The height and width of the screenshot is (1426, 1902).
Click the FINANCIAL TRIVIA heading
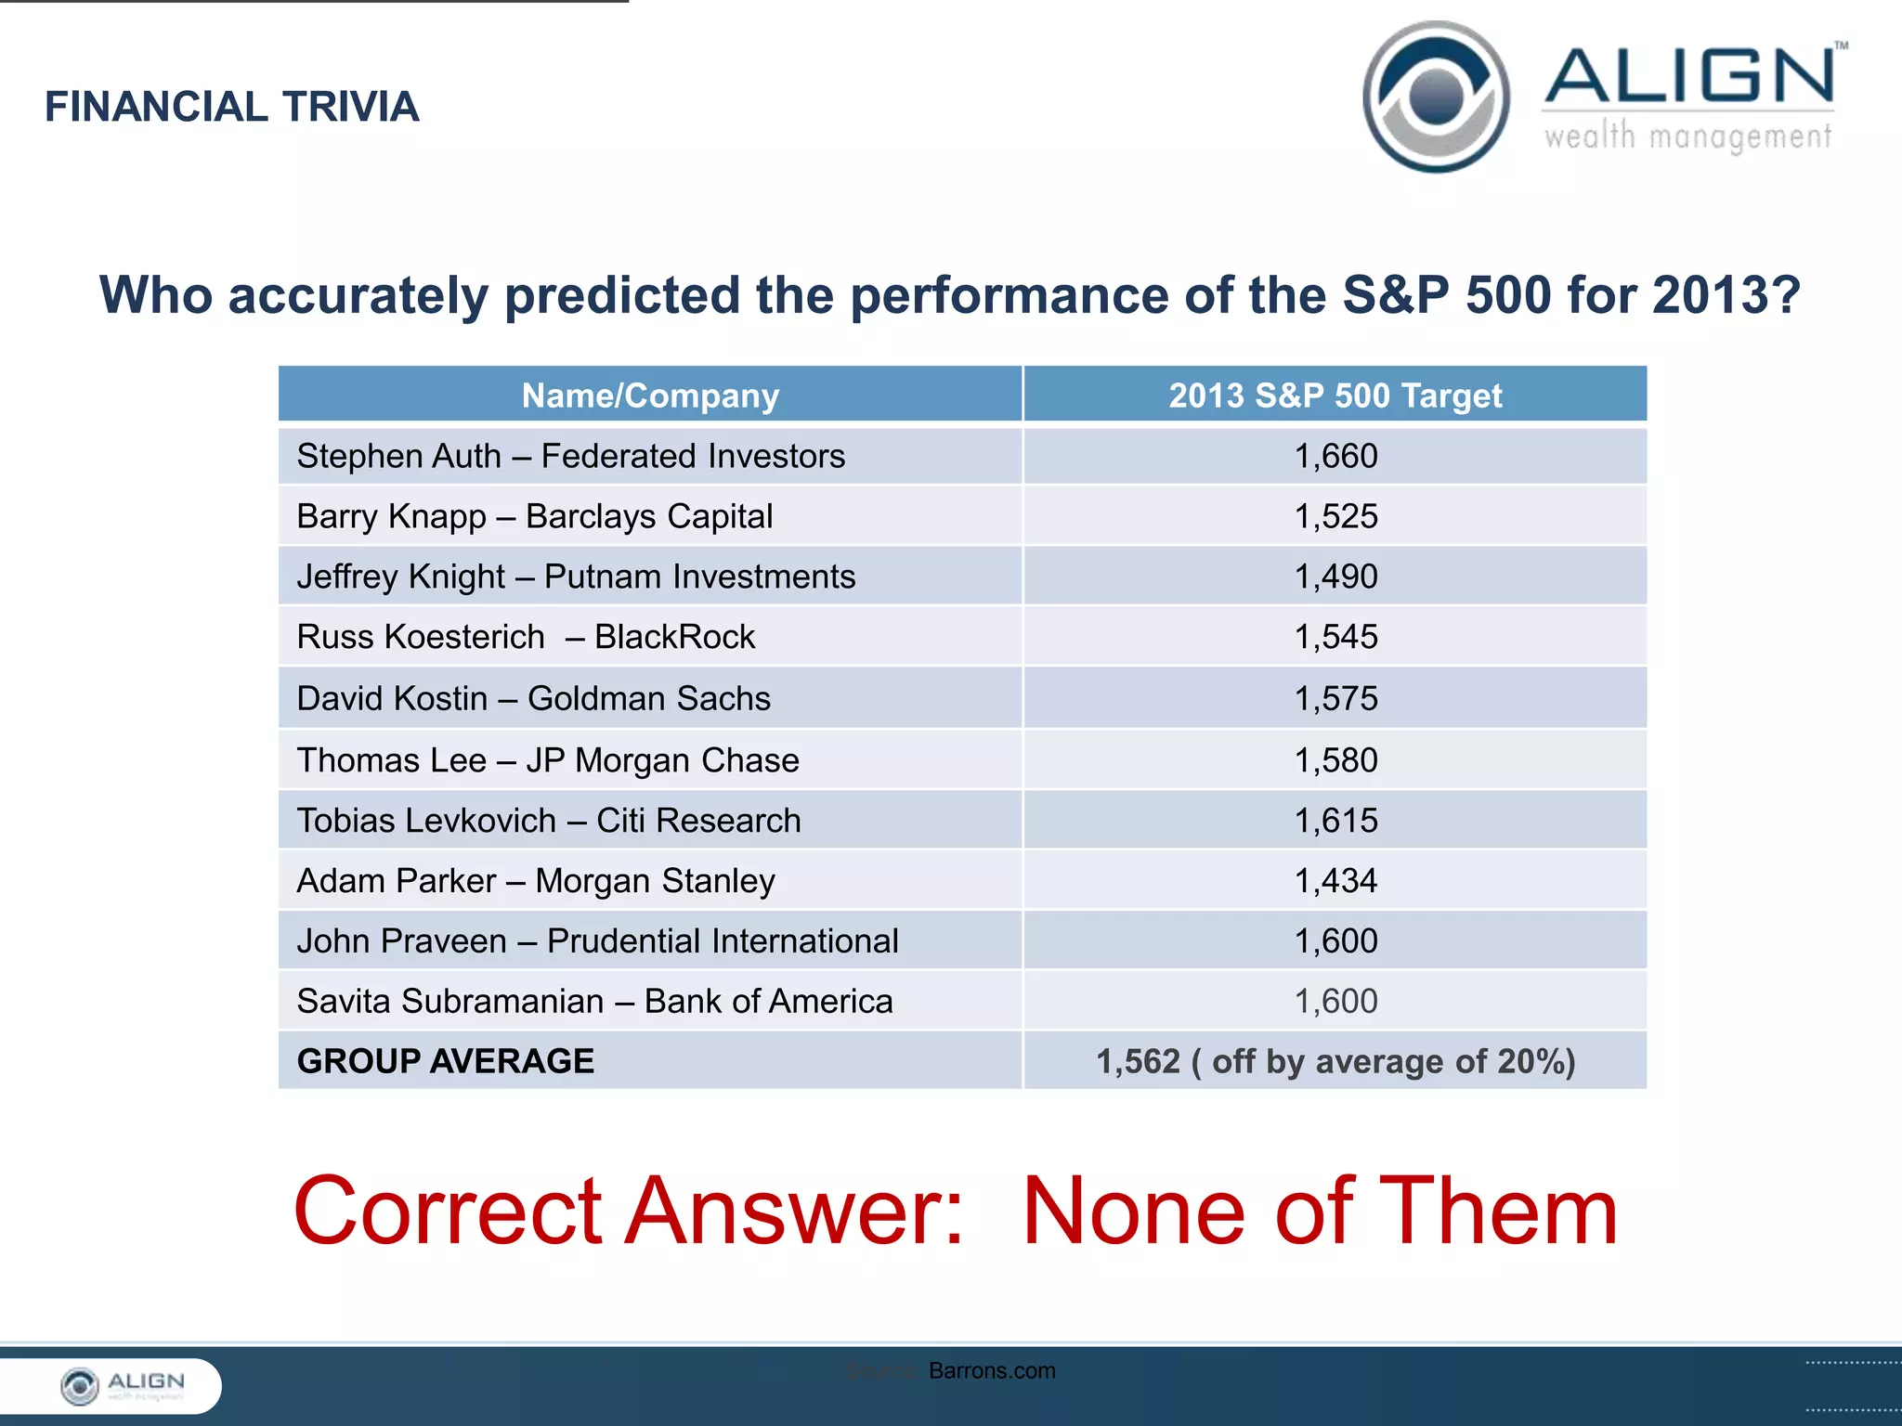232,107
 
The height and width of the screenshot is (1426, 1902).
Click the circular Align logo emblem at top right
1436,97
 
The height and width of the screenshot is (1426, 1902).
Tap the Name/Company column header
650,395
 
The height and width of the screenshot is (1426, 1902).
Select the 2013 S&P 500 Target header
1335,395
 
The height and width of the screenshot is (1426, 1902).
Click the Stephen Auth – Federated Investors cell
570,456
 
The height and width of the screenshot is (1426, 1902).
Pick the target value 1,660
1335,456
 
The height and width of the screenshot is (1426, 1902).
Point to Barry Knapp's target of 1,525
1335,516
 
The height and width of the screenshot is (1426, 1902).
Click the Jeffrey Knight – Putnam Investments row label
576,577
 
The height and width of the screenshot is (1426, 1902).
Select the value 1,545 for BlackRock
1335,637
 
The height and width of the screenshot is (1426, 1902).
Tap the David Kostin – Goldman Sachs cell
533,698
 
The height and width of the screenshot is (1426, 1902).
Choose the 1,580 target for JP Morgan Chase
1335,760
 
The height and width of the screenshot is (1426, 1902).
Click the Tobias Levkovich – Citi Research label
548,821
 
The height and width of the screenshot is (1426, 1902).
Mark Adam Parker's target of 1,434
1335,880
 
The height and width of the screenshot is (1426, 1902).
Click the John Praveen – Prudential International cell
597,940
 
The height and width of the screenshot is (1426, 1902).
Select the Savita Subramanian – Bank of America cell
594,1001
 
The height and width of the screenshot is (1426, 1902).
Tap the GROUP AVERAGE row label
446,1061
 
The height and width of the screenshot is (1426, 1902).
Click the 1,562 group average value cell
1335,1061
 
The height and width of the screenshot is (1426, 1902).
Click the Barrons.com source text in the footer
991,1370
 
